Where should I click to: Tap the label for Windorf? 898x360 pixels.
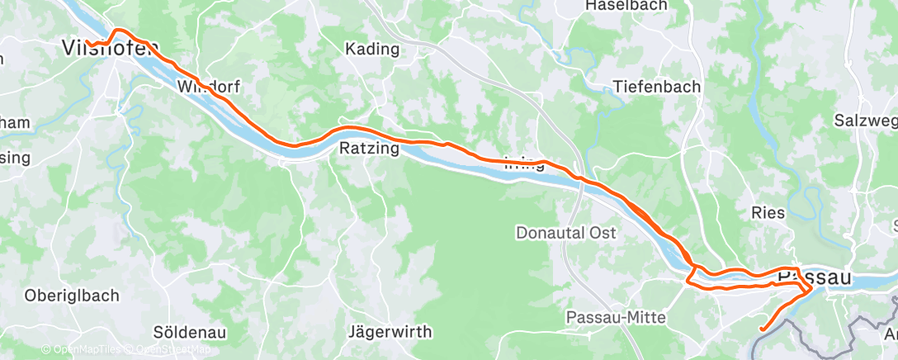pos(206,86)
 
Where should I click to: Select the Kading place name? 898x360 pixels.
pos(372,50)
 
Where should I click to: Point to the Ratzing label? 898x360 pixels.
pos(369,149)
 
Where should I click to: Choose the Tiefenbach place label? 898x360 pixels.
pos(657,87)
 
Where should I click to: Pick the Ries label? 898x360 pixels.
pos(768,212)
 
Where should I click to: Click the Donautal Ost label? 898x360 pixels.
pos(566,233)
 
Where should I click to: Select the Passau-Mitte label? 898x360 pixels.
pos(616,318)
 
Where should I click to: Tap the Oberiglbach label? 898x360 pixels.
pos(72,295)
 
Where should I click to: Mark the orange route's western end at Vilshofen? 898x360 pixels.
pos(87,40)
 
